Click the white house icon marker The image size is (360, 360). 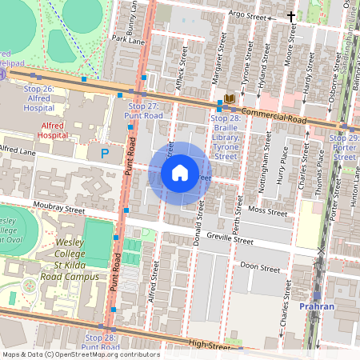coord(180,173)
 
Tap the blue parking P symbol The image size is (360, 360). coord(104,152)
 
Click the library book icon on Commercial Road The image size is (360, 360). coord(230,98)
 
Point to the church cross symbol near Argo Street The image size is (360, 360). coord(291,16)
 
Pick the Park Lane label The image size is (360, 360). coord(128,38)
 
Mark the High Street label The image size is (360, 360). coord(210,345)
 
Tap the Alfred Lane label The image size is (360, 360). coord(18,149)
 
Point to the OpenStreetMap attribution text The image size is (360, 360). coord(80,354)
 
